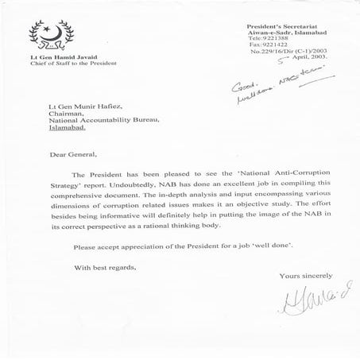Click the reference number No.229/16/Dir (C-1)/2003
click(x=288, y=52)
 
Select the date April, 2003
click(x=303, y=59)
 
